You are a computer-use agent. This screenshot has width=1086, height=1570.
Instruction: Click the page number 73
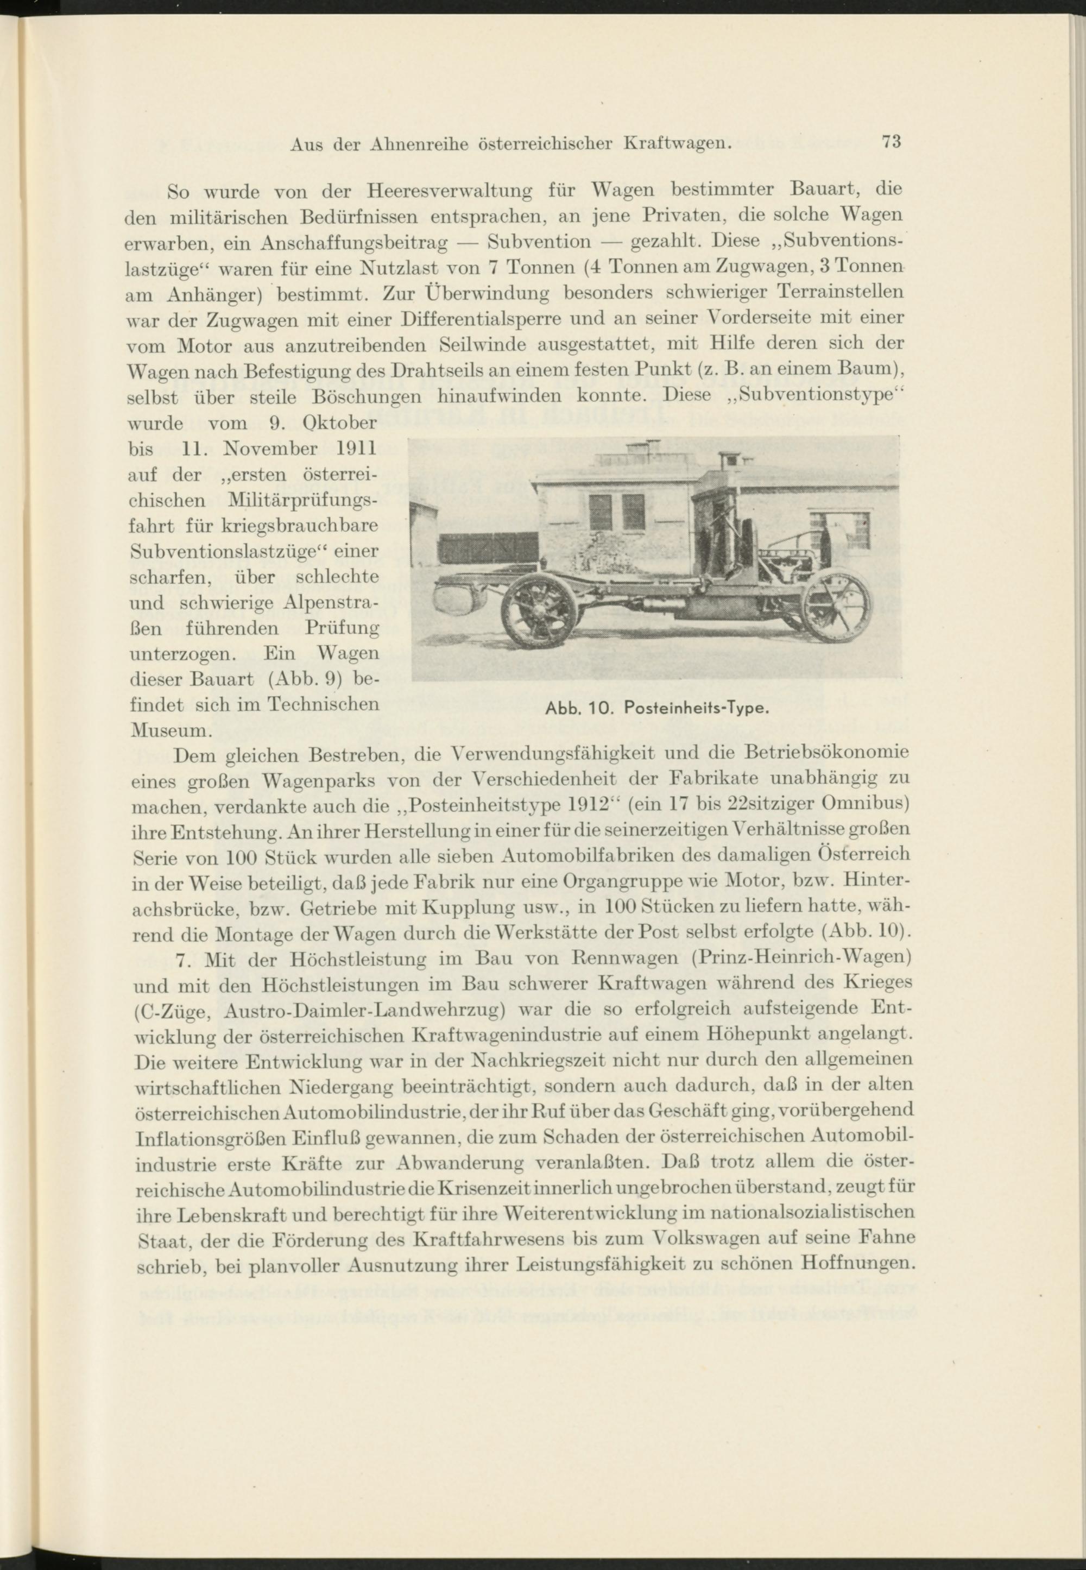(891, 142)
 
